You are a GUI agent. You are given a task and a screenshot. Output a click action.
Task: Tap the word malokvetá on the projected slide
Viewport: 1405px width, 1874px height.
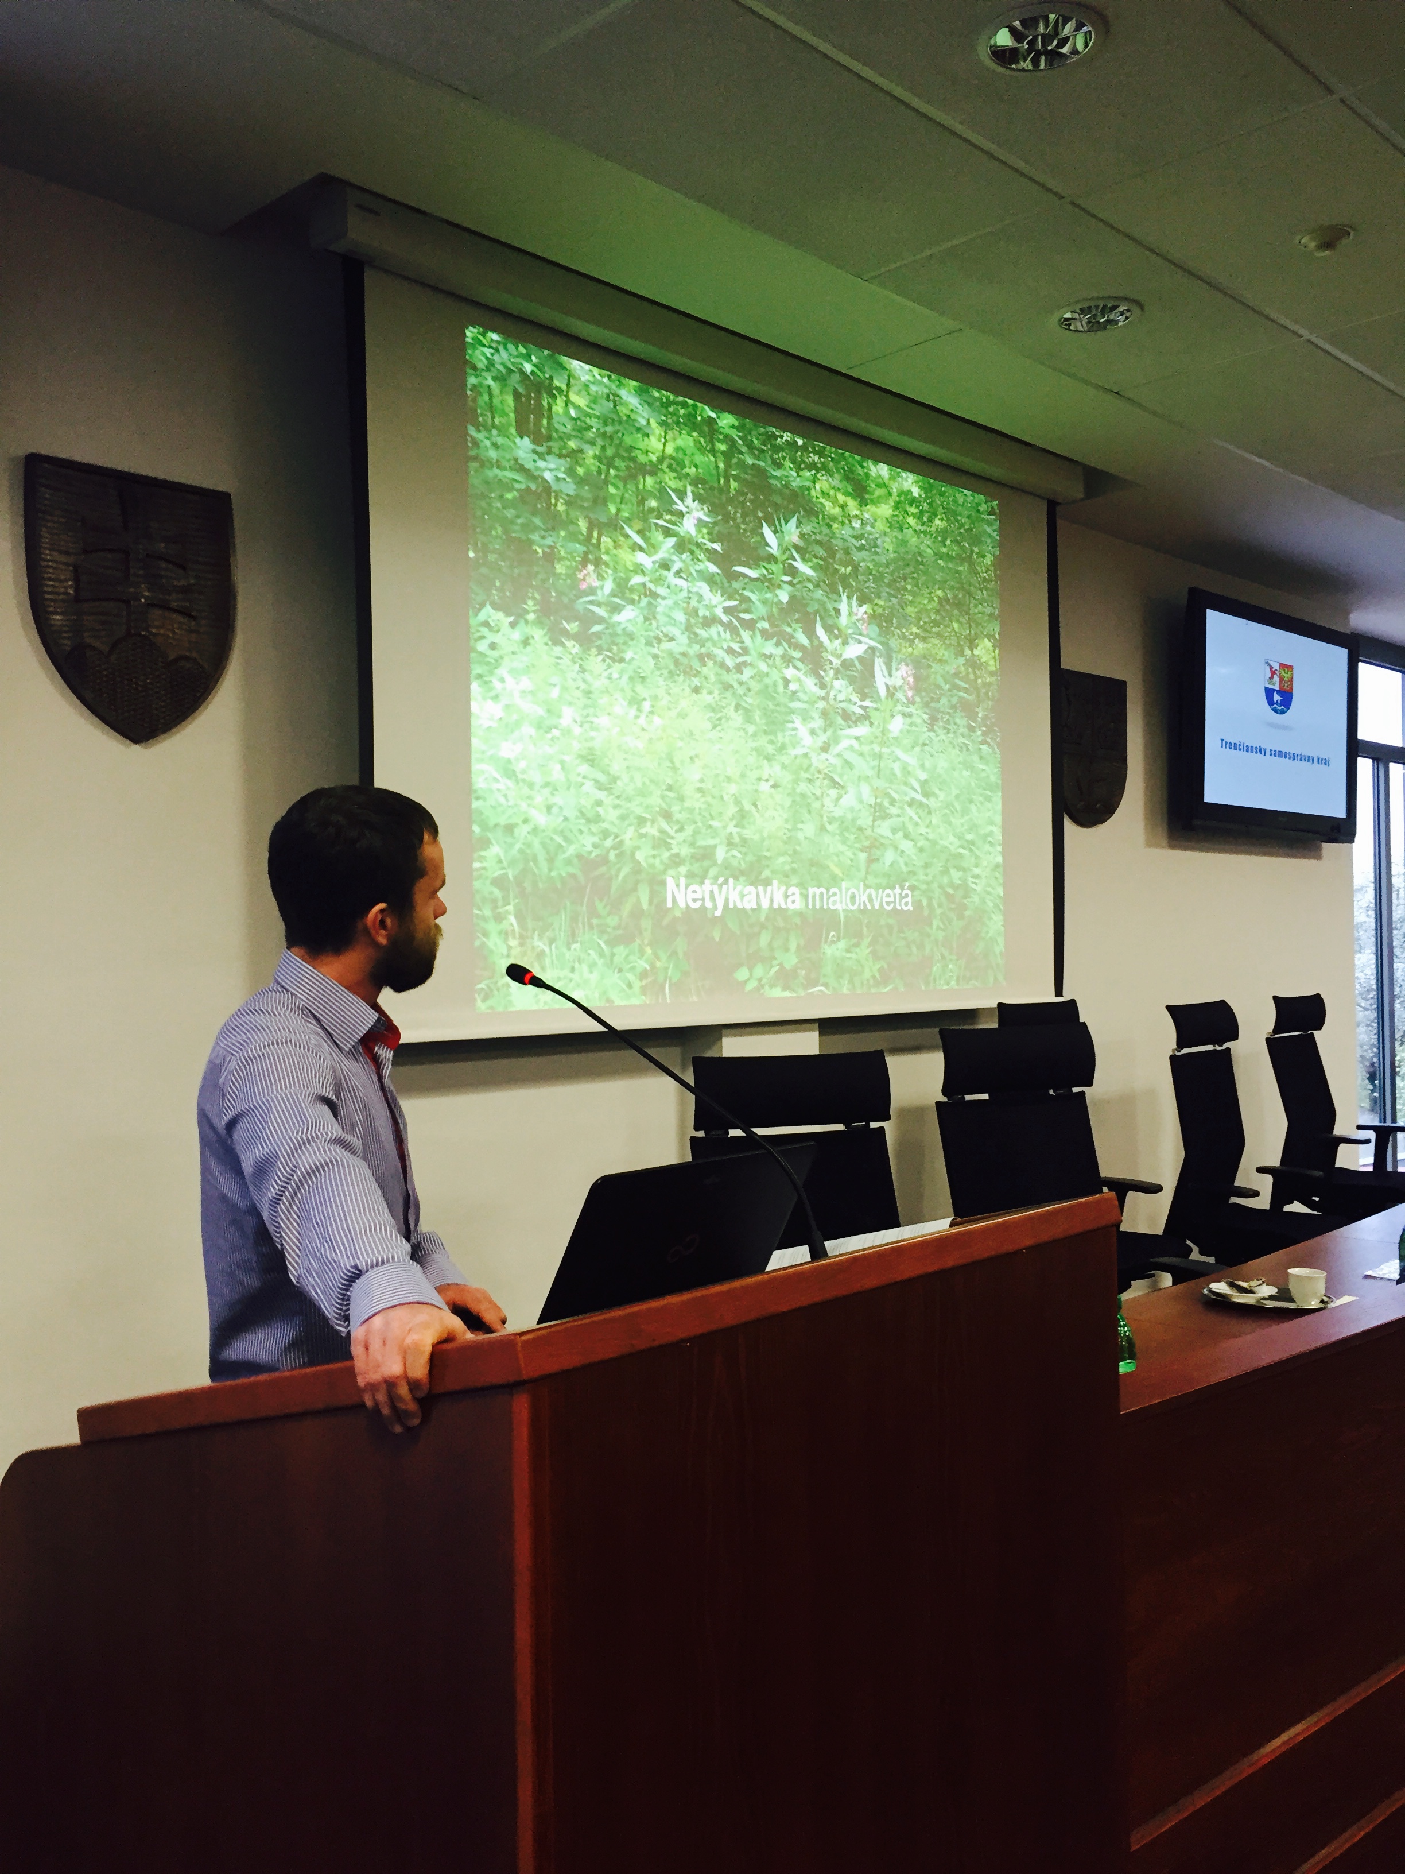[859, 898]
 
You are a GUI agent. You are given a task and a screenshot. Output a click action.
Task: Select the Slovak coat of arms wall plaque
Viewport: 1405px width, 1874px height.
[129, 595]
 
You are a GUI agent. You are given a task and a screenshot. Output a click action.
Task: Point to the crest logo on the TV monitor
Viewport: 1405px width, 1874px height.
[1277, 686]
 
